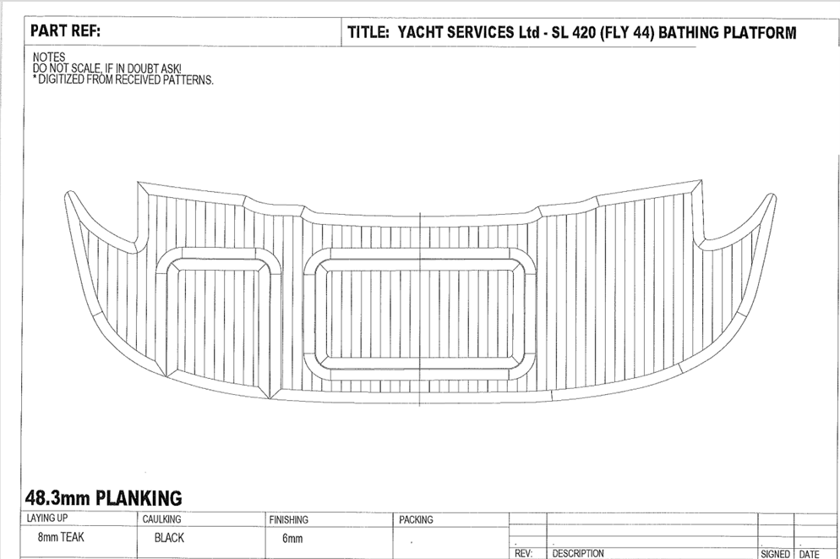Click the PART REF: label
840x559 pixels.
[x=65, y=32]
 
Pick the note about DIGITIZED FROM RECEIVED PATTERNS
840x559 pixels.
[x=123, y=79]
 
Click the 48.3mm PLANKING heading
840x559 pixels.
[x=102, y=497]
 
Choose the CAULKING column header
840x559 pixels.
[x=162, y=519]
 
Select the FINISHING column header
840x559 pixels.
[x=288, y=519]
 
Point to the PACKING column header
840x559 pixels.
[x=416, y=519]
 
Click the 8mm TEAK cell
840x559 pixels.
[x=61, y=537]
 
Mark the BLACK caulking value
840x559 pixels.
[x=169, y=537]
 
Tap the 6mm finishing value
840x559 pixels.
[x=292, y=538]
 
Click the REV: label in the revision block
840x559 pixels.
[x=523, y=553]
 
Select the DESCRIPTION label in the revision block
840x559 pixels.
[x=578, y=553]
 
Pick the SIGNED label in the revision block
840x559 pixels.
[x=775, y=553]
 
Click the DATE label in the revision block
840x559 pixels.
[x=809, y=553]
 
